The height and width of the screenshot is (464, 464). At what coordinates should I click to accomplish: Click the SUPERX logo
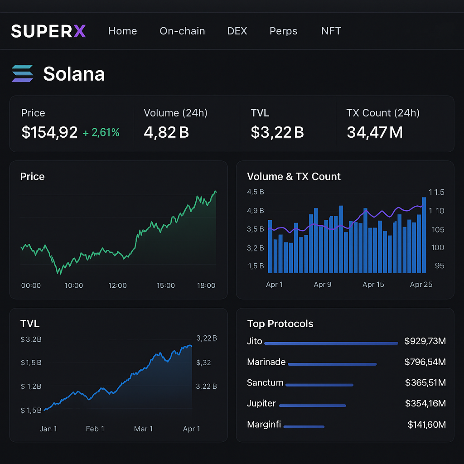(x=48, y=31)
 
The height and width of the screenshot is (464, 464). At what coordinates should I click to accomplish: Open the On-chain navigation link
(x=182, y=31)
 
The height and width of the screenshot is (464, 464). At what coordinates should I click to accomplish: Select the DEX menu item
(x=237, y=31)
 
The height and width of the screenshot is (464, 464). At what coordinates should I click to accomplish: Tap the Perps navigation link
(x=283, y=31)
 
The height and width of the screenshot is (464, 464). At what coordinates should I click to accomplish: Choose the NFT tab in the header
(x=331, y=31)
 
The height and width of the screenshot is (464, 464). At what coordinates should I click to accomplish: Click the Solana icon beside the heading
(x=23, y=73)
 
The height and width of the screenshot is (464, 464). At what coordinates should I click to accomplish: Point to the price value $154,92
(x=49, y=132)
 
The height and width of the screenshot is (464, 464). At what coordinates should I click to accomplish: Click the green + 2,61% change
(x=101, y=133)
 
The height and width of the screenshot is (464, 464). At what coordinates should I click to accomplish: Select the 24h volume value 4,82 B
(x=166, y=132)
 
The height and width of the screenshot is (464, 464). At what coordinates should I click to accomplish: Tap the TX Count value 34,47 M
(x=374, y=132)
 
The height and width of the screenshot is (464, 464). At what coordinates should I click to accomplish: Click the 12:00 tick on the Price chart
(x=117, y=285)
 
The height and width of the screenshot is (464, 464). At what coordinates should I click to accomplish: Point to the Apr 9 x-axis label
(x=322, y=285)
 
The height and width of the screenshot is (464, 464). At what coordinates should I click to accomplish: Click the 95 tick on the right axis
(x=440, y=266)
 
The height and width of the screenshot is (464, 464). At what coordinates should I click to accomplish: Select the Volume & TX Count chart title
(x=294, y=177)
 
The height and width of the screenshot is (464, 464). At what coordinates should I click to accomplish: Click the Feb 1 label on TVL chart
(x=95, y=429)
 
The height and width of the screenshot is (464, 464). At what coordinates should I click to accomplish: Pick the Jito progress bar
(x=331, y=343)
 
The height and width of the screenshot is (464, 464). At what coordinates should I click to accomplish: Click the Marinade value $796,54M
(x=425, y=362)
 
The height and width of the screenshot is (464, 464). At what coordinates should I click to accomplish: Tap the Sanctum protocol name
(x=265, y=383)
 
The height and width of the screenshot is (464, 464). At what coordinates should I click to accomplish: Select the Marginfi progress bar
(x=304, y=427)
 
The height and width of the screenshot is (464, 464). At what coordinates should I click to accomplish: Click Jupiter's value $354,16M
(x=425, y=403)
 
